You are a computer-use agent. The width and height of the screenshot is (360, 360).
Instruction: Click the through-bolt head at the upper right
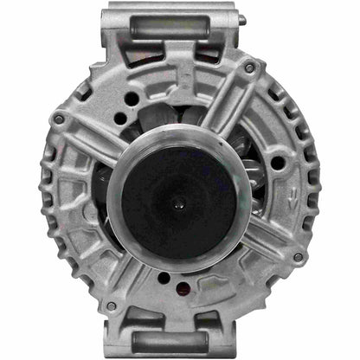point(249,67)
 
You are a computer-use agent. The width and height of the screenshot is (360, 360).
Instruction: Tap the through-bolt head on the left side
point(59,119)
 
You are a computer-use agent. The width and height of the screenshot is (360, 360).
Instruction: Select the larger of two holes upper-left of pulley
point(132,99)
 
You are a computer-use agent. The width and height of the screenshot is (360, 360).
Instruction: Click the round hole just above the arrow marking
point(276,163)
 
